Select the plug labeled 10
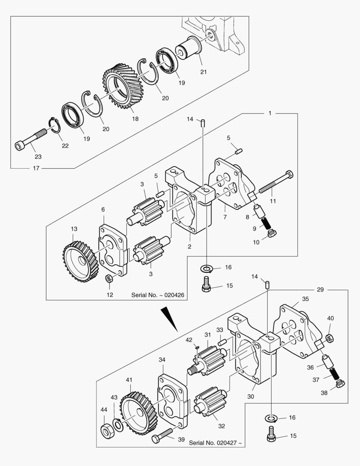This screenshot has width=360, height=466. (272, 233)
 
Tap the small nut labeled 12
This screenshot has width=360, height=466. (109, 279)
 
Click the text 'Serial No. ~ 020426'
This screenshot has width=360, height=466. (158, 295)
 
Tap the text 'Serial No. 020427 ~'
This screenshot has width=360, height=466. (215, 443)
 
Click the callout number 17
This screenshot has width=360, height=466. (36, 168)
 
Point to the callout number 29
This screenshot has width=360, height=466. (320, 290)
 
